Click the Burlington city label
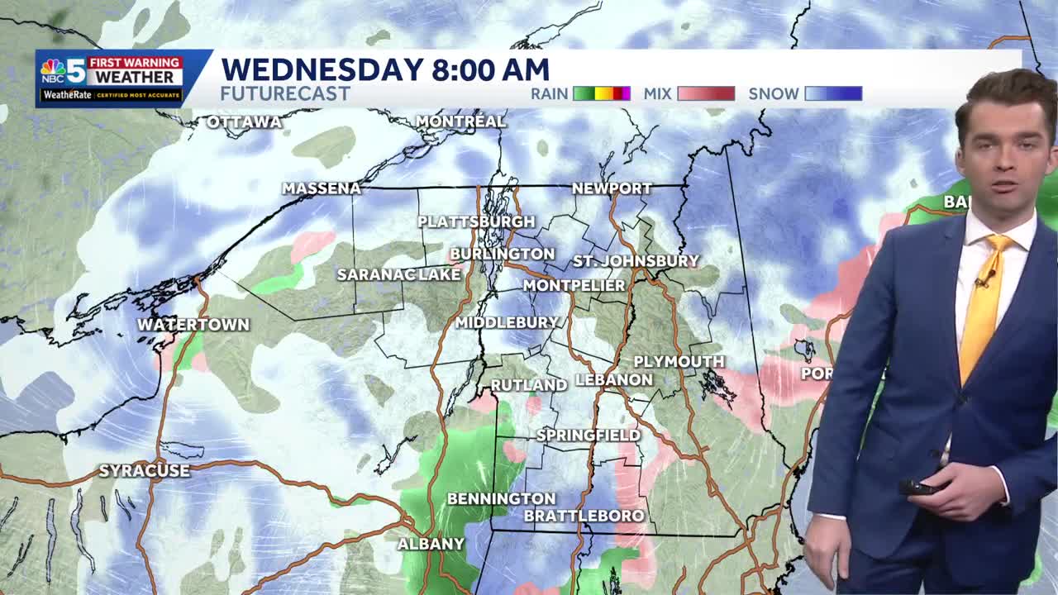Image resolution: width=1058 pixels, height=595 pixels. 502,254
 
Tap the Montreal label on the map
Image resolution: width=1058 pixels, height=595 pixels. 460,121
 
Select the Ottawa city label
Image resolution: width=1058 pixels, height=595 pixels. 244,122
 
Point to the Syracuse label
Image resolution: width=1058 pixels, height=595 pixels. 145,471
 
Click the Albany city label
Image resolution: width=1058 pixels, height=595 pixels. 431,544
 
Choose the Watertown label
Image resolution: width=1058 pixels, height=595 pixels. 193,325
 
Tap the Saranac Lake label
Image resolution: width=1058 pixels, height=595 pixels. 398,274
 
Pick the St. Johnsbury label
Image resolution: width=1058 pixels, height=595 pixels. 636,261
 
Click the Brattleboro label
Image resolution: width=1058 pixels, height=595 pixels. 584,516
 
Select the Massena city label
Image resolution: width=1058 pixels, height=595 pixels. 322,188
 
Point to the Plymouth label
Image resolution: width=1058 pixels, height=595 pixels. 679,362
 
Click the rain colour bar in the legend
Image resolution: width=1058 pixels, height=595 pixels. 602,93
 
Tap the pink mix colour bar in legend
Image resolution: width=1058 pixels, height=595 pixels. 706,93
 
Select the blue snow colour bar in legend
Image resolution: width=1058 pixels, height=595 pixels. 833,93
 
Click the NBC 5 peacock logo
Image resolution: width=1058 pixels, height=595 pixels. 54,70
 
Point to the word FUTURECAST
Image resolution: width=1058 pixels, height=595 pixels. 285,93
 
